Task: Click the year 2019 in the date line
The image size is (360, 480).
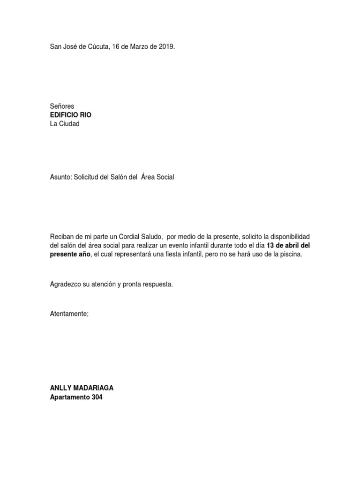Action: (x=166, y=47)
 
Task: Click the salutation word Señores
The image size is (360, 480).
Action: (x=62, y=106)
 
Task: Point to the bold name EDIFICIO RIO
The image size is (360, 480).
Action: (x=71, y=115)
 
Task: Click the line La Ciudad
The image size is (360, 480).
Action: (x=65, y=124)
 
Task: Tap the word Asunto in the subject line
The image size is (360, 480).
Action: (x=60, y=178)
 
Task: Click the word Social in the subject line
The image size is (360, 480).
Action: (x=164, y=178)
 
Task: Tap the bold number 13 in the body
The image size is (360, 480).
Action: (x=270, y=246)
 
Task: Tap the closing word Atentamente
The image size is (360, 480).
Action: (x=68, y=314)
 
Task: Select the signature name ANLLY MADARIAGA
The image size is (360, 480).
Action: (x=82, y=388)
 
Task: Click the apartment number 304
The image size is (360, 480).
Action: (x=96, y=397)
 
